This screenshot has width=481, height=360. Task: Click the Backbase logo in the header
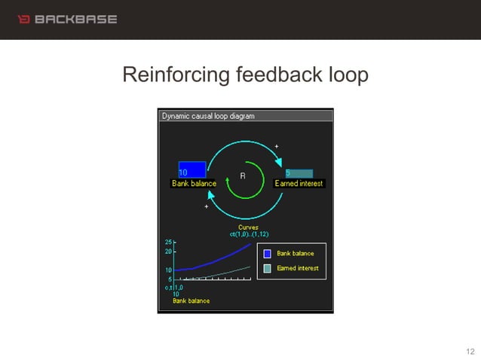point(67,19)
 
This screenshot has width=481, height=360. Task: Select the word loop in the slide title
point(346,75)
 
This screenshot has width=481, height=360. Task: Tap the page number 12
point(470,352)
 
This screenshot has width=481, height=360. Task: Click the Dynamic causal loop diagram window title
point(209,116)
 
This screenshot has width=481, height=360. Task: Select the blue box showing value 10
point(191,169)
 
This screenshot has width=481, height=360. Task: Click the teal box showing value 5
point(299,173)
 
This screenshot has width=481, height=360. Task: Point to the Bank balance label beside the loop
point(194,184)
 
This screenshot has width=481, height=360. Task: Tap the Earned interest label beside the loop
point(299,184)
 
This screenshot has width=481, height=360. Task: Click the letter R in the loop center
point(243,175)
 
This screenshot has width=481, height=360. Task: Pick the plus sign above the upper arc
point(277,145)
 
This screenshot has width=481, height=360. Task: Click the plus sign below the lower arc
point(206,206)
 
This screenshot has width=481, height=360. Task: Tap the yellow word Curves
point(248,227)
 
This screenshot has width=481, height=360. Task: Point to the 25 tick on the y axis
point(168,242)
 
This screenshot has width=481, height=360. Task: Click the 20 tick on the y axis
point(168,251)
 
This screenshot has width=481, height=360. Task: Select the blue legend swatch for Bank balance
point(267,254)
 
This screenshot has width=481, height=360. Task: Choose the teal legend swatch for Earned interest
point(267,268)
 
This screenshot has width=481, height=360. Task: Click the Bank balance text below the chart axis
point(191,301)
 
